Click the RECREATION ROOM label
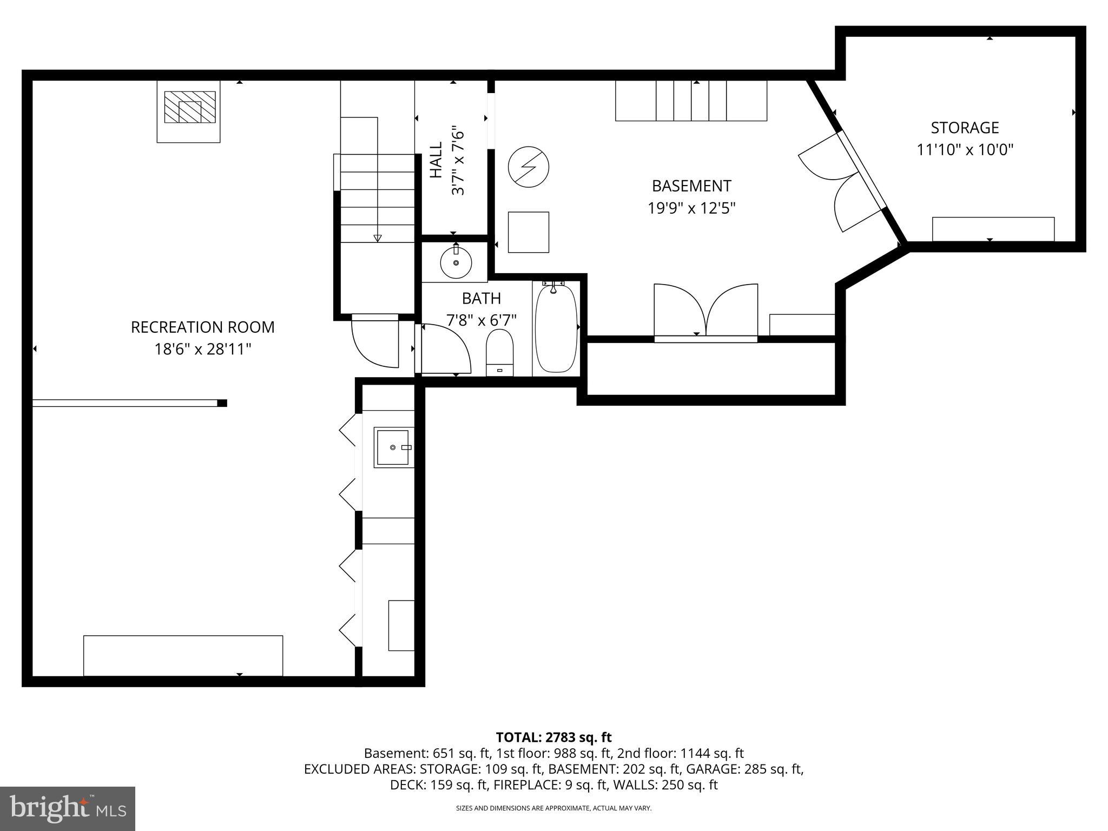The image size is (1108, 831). point(203,327)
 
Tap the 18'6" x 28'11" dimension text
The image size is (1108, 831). point(203,349)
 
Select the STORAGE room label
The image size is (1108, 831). point(965,128)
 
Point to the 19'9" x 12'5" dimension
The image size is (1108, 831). point(691,208)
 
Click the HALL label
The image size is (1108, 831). point(436,160)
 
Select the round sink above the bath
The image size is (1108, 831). point(456,263)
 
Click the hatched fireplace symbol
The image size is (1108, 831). point(189,107)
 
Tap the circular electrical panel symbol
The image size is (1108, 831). point(529,166)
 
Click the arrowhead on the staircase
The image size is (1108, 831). point(377,238)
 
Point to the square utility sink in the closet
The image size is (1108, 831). point(393,447)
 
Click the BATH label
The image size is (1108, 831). point(481,299)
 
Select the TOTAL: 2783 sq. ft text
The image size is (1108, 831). point(553,737)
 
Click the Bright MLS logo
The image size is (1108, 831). point(68,808)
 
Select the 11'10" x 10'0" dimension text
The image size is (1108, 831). point(965,150)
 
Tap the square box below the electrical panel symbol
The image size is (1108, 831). point(528,232)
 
